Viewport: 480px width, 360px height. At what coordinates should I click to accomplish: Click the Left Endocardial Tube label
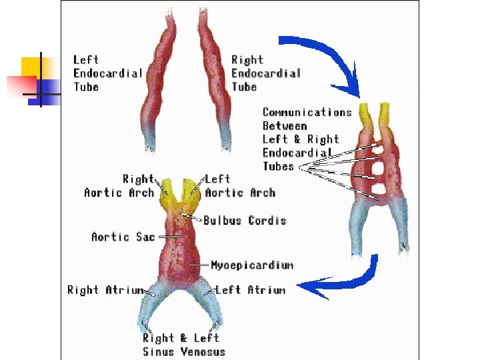click(107, 73)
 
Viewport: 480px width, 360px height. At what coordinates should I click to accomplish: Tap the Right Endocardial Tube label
click(265, 73)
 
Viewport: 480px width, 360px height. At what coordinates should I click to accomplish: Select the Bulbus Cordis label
click(245, 221)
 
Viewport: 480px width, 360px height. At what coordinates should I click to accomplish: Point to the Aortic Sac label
click(123, 237)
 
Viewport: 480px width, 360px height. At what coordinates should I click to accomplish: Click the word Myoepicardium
click(251, 265)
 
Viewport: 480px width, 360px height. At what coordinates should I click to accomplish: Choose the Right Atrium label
click(105, 290)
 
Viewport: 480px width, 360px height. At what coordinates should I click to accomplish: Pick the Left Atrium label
click(250, 290)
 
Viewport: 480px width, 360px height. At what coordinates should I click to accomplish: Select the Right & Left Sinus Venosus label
click(184, 345)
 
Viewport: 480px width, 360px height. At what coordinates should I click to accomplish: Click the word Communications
click(307, 113)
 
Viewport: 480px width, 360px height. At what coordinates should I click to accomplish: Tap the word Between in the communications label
click(285, 126)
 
